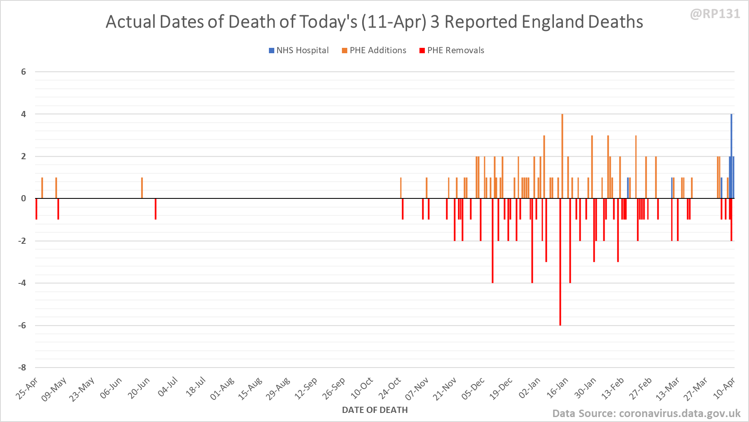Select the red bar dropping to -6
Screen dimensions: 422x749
click(x=560, y=262)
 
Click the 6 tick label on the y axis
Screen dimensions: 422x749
click(x=24, y=72)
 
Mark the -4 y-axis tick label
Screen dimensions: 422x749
click(x=22, y=283)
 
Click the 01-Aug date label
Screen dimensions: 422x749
click(x=222, y=388)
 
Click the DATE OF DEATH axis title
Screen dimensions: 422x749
click(x=374, y=410)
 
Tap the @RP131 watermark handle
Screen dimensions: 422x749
click(x=715, y=14)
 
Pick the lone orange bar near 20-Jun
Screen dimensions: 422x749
click(x=142, y=188)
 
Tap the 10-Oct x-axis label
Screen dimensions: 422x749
click(x=362, y=388)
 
